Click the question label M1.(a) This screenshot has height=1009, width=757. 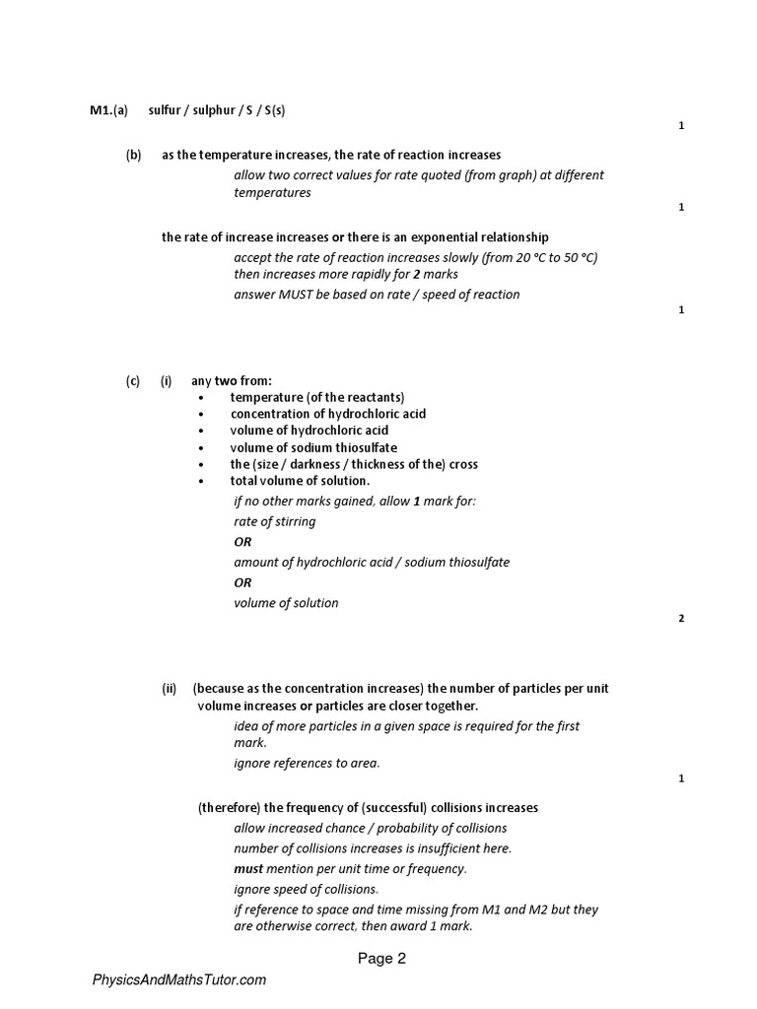coord(109,110)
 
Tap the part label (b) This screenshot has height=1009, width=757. coord(134,155)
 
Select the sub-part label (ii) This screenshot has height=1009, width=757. coord(169,689)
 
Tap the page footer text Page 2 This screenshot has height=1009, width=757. coord(381,958)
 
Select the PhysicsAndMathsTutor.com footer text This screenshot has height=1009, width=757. coord(179,980)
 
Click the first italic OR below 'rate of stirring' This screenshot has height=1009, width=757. coord(242,542)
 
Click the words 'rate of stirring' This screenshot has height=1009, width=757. coord(275,522)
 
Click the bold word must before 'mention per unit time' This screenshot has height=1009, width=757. coord(248,869)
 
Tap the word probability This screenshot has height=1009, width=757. coord(397,828)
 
